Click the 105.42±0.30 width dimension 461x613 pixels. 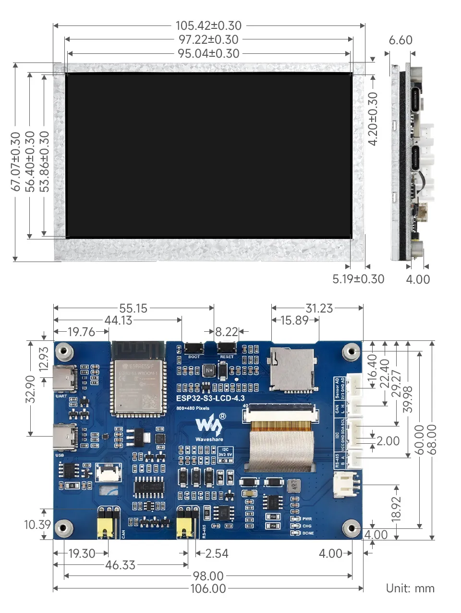(208, 25)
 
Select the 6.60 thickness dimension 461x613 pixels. (400, 40)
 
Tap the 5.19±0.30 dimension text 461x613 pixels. (358, 279)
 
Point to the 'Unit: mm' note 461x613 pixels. (410, 588)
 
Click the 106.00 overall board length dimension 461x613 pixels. (208, 588)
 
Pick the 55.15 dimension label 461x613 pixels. (133, 308)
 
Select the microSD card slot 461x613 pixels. (292, 369)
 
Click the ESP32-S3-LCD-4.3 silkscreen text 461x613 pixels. (210, 398)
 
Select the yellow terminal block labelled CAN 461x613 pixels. (108, 523)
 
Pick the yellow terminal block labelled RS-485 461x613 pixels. (188, 523)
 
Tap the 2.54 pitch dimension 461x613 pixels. (217, 553)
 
